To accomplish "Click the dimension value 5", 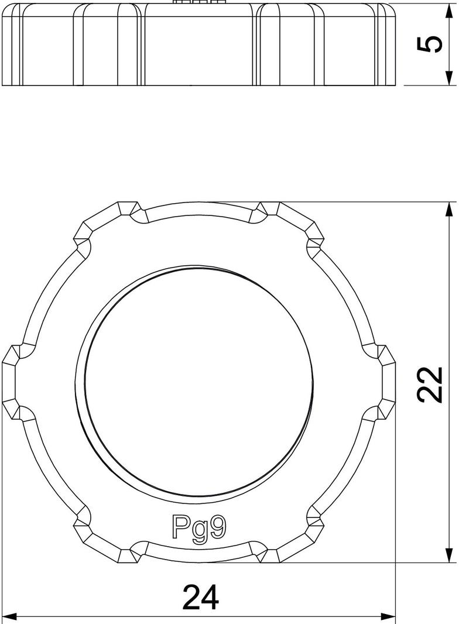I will pyautogui.click(x=431, y=44).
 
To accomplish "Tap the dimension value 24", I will pyautogui.click(x=201, y=597).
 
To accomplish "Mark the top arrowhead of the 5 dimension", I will pyautogui.click(x=449, y=9).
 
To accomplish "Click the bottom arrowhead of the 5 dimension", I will pyautogui.click(x=449, y=79).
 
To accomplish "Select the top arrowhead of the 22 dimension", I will pyautogui.click(x=449, y=210).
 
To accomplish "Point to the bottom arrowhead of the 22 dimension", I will pyautogui.click(x=449, y=556).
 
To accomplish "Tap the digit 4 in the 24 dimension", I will pyautogui.click(x=210, y=597).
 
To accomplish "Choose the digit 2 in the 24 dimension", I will pyautogui.click(x=191, y=597).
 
